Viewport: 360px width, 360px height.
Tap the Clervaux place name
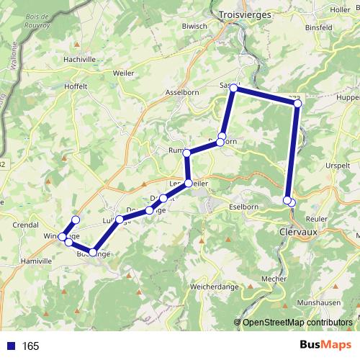pyautogui.click(x=297, y=233)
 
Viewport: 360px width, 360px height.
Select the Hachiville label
pyautogui.click(x=80, y=59)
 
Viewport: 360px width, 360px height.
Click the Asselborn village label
pyautogui.click(x=186, y=93)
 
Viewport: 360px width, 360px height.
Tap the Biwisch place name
pyautogui.click(x=194, y=25)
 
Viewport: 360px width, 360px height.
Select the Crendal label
pyautogui.click(x=25, y=225)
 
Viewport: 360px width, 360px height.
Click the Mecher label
pyautogui.click(x=274, y=278)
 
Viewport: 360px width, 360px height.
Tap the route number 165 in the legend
pyautogui.click(x=30, y=346)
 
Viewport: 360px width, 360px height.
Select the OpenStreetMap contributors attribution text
pyautogui.click(x=297, y=322)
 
